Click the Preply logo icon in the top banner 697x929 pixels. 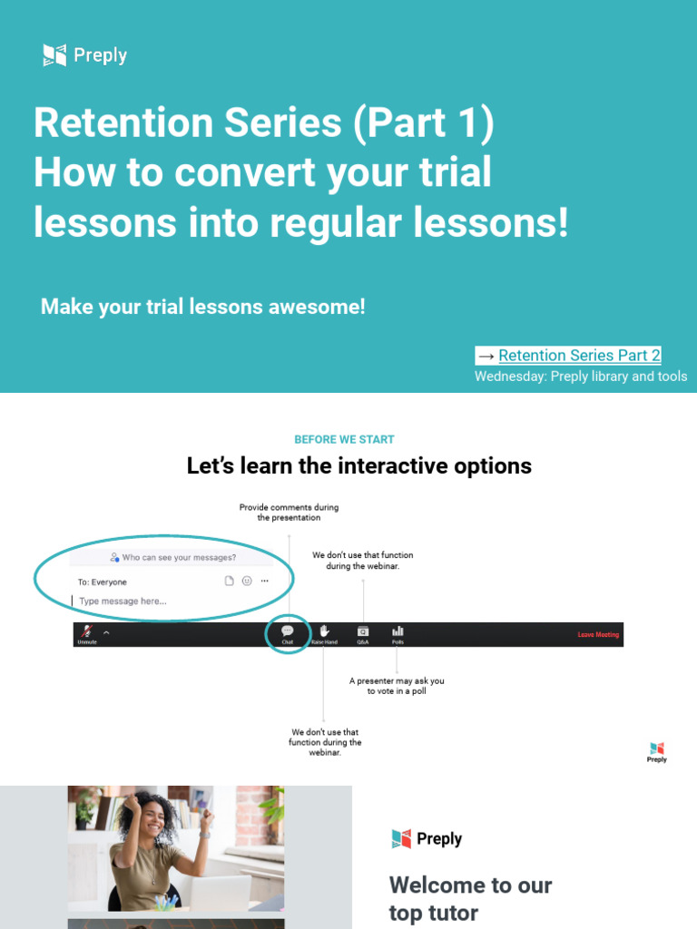(x=54, y=55)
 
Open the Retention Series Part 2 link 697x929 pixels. (x=579, y=356)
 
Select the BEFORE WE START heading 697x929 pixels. (x=344, y=439)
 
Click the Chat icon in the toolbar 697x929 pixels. (x=288, y=631)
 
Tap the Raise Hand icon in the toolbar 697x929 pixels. (x=324, y=631)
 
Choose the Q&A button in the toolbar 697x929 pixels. (x=362, y=631)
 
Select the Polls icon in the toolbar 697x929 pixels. (x=398, y=631)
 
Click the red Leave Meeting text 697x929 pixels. (x=598, y=635)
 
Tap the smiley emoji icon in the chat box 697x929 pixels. (x=246, y=582)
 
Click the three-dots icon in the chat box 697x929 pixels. (x=264, y=582)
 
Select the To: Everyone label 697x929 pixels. (x=103, y=582)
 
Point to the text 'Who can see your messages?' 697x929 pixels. (x=179, y=558)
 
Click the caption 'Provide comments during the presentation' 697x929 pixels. (x=289, y=513)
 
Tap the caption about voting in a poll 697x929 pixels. (x=397, y=686)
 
